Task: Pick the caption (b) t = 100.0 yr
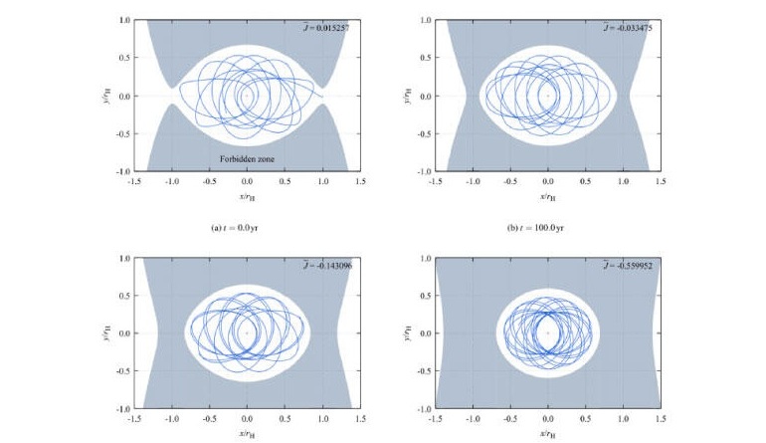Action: (546, 227)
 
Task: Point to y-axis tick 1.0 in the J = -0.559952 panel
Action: (423, 258)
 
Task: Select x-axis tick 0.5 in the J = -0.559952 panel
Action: (585, 421)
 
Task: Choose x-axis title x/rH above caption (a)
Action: (247, 196)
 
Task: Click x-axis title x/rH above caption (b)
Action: (546, 196)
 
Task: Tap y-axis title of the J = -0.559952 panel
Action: (406, 332)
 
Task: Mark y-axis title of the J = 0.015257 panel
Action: (105, 96)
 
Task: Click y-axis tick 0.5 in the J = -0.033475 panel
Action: (423, 58)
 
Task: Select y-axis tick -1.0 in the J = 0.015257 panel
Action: (121, 171)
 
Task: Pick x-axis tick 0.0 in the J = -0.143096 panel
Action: (247, 421)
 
